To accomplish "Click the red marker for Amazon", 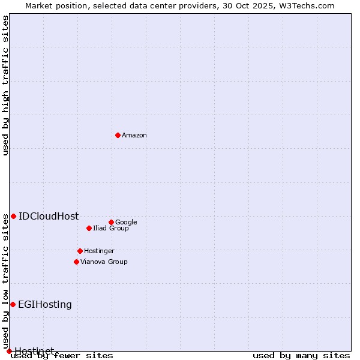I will tap(118, 135).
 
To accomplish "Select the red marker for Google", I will tap(111, 222).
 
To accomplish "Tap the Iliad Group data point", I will tap(89, 228).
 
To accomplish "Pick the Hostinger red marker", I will tap(80, 251).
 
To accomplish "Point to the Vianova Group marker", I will tap(76, 262).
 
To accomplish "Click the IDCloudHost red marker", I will tap(13, 216).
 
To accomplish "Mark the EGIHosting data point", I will tap(13, 304).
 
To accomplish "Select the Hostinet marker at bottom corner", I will tap(9, 351).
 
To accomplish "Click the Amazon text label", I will tap(134, 136).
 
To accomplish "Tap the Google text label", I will tap(126, 223).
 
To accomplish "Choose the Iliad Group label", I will tap(111, 229).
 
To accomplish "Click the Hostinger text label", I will tap(99, 251).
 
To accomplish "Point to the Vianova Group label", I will tap(104, 262).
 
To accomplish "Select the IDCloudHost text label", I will tap(49, 217).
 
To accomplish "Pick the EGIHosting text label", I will tap(45, 305).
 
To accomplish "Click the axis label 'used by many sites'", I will tap(301, 355).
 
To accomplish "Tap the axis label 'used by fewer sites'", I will tap(62, 355).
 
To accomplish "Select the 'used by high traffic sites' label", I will tap(6, 85).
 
